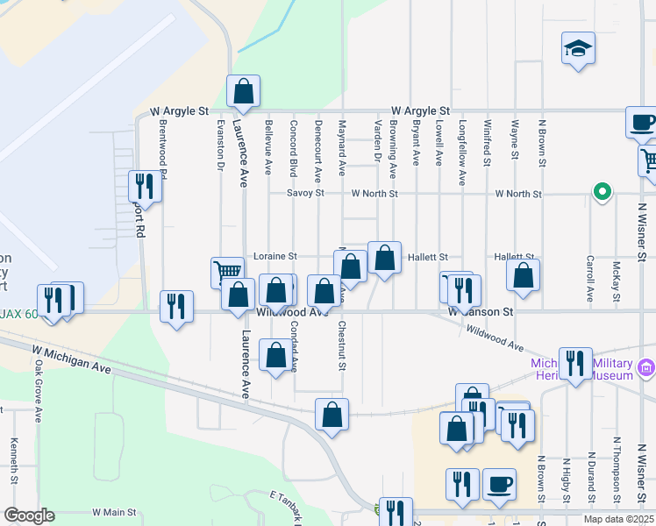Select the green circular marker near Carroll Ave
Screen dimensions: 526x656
(602, 191)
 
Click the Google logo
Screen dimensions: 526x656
(30, 515)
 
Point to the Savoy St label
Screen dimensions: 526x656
(307, 193)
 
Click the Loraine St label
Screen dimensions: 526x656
(275, 256)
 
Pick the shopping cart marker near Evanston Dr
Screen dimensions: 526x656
(226, 272)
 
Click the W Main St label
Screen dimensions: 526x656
(114, 512)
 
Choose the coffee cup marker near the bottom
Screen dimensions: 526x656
(499, 484)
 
